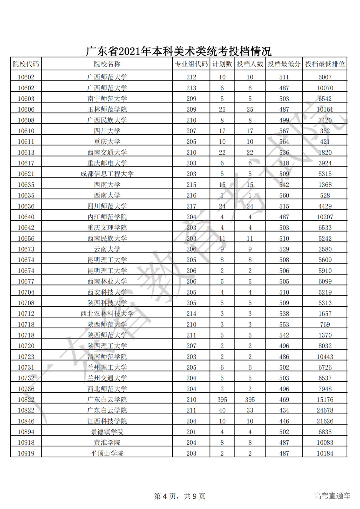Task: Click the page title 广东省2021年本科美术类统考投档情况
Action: tap(179, 51)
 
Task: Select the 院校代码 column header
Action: tap(26, 64)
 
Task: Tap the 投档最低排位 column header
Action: tap(325, 64)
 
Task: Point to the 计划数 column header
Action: tap(222, 64)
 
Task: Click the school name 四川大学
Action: tap(107, 131)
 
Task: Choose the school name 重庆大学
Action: tap(107, 142)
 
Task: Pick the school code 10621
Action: tap(26, 174)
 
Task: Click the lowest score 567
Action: tap(284, 131)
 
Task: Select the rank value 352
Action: tap(325, 131)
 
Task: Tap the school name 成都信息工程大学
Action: tap(107, 174)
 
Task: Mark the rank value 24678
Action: tap(325, 410)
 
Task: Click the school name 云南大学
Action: tap(107, 249)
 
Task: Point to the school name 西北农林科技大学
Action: tap(107, 314)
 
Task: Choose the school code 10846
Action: tap(26, 421)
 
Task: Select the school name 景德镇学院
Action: tap(107, 432)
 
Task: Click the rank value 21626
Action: tap(325, 421)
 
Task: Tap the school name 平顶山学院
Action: tap(107, 453)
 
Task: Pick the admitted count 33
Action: tap(250, 410)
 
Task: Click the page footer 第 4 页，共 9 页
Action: tap(180, 496)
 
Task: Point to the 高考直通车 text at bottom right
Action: tap(332, 496)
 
